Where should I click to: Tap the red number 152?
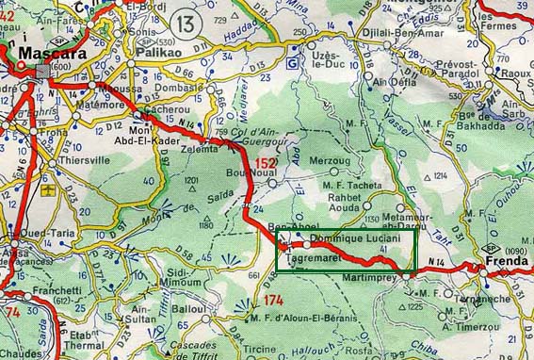pyautogui.click(x=266, y=164)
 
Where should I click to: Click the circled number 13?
pyautogui.click(x=186, y=22)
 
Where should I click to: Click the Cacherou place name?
pyautogui.click(x=166, y=109)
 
